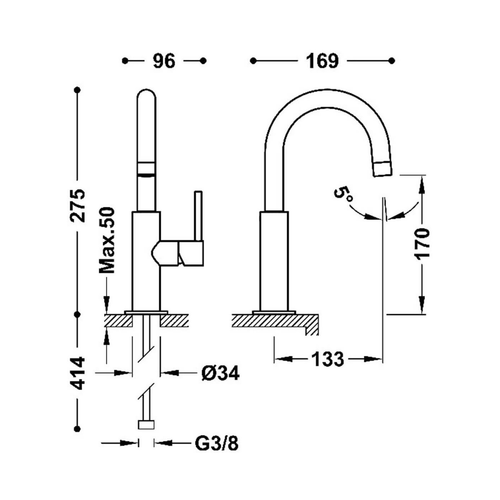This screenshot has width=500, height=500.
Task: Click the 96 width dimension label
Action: tap(164, 61)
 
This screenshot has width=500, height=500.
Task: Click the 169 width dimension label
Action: tap(322, 61)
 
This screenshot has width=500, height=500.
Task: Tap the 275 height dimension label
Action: tap(77, 202)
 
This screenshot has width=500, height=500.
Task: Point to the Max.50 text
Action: tap(107, 236)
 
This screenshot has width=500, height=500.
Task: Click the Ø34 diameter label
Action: tap(220, 373)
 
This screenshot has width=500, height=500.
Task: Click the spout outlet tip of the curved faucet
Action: tap(383, 169)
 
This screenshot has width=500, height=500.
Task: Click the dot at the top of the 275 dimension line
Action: tap(77, 90)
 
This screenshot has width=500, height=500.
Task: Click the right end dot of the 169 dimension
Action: tap(392, 61)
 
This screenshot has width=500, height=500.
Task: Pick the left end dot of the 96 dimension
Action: tap(125, 61)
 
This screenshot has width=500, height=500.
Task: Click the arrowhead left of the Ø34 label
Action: tap(122, 373)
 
